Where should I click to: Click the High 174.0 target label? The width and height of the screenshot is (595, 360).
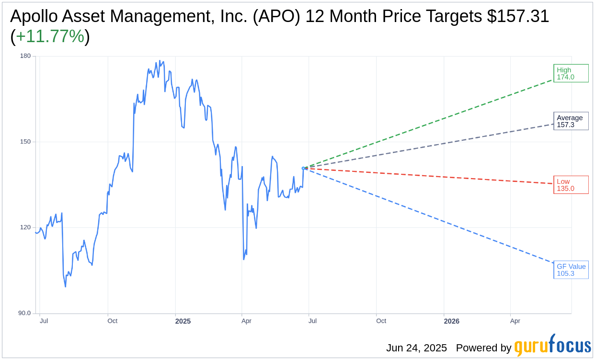click(571, 73)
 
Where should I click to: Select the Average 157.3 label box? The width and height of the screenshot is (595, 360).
click(571, 121)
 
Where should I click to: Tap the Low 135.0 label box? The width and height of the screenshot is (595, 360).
click(571, 185)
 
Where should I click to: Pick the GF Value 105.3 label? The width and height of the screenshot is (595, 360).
click(571, 270)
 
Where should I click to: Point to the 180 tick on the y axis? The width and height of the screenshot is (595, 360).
click(25, 56)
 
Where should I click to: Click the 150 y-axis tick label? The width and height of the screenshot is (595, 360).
click(25, 142)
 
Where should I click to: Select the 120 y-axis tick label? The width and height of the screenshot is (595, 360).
click(25, 227)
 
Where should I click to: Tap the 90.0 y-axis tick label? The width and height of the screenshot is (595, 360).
click(24, 313)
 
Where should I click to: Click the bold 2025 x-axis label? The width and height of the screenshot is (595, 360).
click(183, 321)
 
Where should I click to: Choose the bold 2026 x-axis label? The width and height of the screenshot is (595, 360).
click(451, 321)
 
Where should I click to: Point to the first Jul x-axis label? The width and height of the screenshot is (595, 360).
click(44, 321)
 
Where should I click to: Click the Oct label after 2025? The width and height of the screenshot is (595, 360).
click(381, 321)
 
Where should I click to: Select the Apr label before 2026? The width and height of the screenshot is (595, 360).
click(246, 321)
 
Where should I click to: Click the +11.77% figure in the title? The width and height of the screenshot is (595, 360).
click(50, 36)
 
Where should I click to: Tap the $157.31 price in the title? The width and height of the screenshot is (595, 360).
click(518, 16)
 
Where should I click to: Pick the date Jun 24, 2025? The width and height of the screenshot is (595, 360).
click(416, 348)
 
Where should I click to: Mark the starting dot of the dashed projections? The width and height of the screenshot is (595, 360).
click(304, 168)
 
